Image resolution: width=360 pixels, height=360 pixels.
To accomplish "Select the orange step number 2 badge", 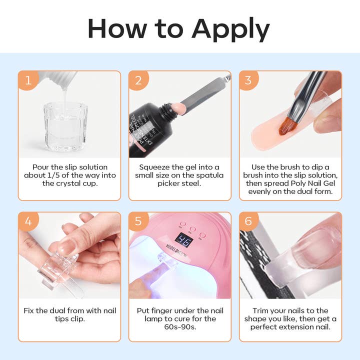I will coord(138,80).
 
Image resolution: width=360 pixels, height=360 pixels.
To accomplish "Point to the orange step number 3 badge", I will coord(248,80).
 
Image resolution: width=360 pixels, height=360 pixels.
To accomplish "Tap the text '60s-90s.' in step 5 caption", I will coord(179,327).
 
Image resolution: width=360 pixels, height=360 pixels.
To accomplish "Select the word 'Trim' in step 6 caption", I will coord(262,310).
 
